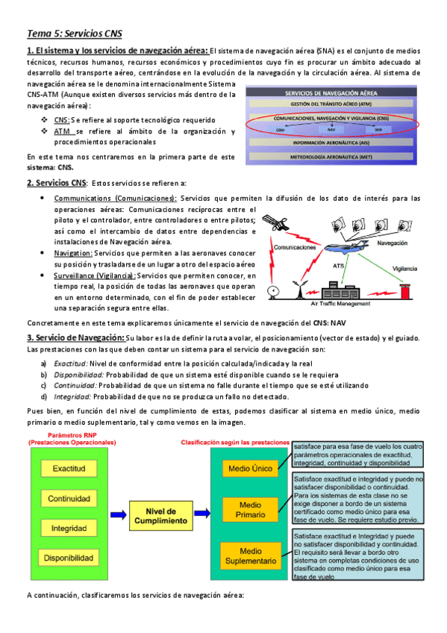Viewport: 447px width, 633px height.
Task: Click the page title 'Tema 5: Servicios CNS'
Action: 74,34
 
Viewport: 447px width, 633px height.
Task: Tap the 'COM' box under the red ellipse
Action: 280,129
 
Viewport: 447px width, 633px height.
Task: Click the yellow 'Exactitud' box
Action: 69,469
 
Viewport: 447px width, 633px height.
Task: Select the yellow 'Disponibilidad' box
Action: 69,558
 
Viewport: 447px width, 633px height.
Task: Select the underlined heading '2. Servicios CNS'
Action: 56,183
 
